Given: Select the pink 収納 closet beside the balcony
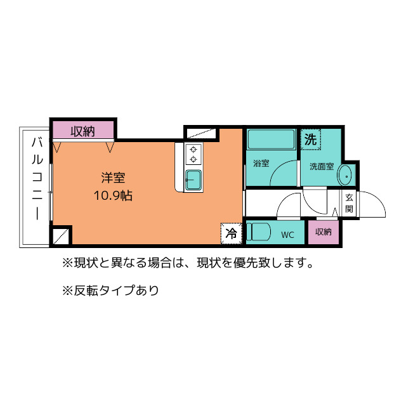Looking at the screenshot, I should pyautogui.click(x=82, y=131).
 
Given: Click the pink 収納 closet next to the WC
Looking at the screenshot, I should pyautogui.click(x=324, y=232).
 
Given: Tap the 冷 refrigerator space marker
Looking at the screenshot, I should pyautogui.click(x=232, y=233).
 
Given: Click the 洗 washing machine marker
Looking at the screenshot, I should pyautogui.click(x=310, y=140).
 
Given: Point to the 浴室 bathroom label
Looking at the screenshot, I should pyautogui.click(x=261, y=163).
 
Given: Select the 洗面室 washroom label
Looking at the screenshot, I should pyautogui.click(x=321, y=167).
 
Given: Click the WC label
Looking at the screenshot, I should pyautogui.click(x=287, y=235).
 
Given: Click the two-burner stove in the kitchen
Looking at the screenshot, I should pyautogui.click(x=193, y=154).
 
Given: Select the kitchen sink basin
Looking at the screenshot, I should pyautogui.click(x=193, y=180).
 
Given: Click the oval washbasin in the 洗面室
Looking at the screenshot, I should pyautogui.click(x=344, y=174).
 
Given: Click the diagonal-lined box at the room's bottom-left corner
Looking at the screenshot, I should pyautogui.click(x=61, y=236).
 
